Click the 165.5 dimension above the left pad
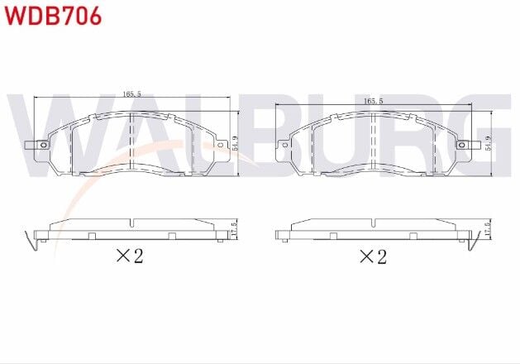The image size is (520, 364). tap(132, 94)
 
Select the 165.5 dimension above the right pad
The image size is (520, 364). tap(374, 100)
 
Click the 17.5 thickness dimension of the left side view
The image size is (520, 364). tap(235, 229)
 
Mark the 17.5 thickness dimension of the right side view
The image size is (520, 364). tap(488, 229)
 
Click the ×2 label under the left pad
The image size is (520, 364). tap(129, 256)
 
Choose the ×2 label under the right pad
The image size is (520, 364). tap(373, 256)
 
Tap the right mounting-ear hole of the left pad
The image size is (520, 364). tap(221, 146)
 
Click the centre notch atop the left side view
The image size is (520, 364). tap(132, 222)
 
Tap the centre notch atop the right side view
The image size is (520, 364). tap(374, 222)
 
